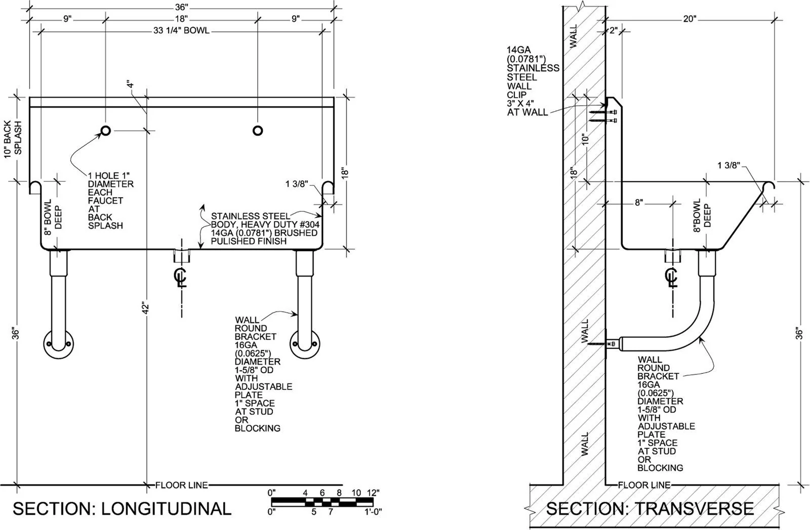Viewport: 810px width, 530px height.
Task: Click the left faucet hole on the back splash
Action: click(x=106, y=130)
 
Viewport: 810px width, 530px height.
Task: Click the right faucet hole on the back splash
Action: click(x=258, y=130)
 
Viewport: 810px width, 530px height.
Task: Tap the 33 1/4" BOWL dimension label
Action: click(x=181, y=30)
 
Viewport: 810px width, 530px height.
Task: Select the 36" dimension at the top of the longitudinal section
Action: click(x=182, y=7)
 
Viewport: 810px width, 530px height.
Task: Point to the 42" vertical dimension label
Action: click(x=145, y=308)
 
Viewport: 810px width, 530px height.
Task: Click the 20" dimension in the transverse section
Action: click(x=690, y=19)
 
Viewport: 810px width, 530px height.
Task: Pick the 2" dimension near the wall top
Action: click(x=614, y=30)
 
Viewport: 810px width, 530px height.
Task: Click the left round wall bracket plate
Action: click(x=59, y=344)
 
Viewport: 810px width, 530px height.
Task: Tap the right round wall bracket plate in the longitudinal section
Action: click(x=305, y=344)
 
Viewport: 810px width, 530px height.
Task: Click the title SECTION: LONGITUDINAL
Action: click(x=122, y=509)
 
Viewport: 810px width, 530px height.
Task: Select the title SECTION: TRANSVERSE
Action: click(x=650, y=509)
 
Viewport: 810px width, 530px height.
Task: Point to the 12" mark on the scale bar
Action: click(x=373, y=493)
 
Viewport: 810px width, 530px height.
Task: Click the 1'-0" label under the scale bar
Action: click(x=373, y=512)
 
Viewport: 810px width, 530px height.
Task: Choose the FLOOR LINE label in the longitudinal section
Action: click(x=182, y=485)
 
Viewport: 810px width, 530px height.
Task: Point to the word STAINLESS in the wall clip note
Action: click(x=533, y=68)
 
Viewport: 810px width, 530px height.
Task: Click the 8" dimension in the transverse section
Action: click(x=639, y=203)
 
